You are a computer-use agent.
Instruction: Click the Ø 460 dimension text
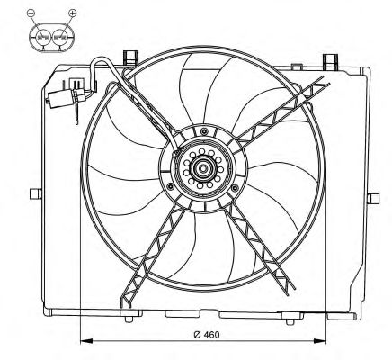point(207,335)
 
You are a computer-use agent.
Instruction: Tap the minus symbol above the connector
point(31,13)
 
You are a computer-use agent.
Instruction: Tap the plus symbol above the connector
point(73,13)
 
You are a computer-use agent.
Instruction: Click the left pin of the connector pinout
point(43,38)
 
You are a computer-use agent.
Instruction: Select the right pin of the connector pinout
point(60,38)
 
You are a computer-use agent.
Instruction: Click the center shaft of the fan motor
point(203,168)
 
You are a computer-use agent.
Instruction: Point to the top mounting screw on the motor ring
point(204,131)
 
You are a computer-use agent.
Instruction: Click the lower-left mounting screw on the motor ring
point(171,187)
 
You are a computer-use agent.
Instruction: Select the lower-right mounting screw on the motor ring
point(235,188)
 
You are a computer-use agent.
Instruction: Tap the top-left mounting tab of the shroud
point(130,58)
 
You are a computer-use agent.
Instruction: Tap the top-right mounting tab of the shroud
point(330,61)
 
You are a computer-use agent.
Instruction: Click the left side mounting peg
point(36,193)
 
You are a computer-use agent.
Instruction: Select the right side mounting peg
point(373,199)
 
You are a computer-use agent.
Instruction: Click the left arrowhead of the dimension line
point(86,341)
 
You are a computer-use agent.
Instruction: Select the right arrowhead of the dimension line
point(320,341)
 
